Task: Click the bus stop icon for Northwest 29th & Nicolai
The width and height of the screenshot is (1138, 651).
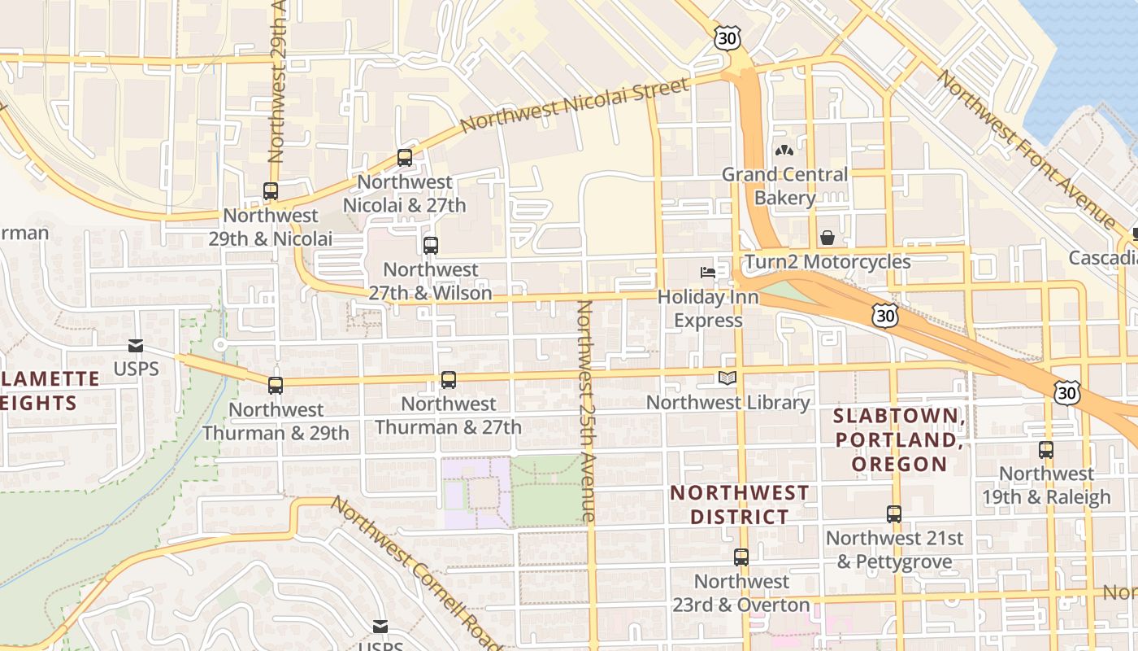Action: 271,192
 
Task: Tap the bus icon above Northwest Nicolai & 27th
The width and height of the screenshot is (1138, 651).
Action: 405,158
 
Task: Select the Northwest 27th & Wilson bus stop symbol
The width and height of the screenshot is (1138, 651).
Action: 431,245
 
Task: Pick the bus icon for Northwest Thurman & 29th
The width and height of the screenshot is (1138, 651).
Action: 276,386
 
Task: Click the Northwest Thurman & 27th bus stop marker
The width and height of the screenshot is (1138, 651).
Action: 449,380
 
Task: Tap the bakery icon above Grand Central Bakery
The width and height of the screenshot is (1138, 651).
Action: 784,151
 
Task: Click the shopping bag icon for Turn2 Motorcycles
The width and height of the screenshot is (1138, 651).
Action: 827,238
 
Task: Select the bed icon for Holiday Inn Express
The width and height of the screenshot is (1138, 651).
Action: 708,273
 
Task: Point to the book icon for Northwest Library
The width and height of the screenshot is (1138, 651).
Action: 728,378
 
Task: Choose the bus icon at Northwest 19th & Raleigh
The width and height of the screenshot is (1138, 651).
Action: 1046,450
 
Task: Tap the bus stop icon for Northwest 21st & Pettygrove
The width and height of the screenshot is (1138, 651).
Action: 894,514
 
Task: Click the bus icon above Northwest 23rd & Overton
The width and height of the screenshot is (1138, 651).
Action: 741,557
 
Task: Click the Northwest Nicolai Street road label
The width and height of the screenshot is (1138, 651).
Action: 575,105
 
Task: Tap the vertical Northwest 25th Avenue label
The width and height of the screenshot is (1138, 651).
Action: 587,411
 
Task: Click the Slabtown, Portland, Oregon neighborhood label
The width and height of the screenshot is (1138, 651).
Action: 898,440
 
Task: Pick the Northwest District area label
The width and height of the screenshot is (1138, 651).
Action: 740,505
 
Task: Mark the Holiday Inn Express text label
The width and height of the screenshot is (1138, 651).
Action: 708,308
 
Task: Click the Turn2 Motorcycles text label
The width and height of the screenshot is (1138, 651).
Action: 827,262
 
